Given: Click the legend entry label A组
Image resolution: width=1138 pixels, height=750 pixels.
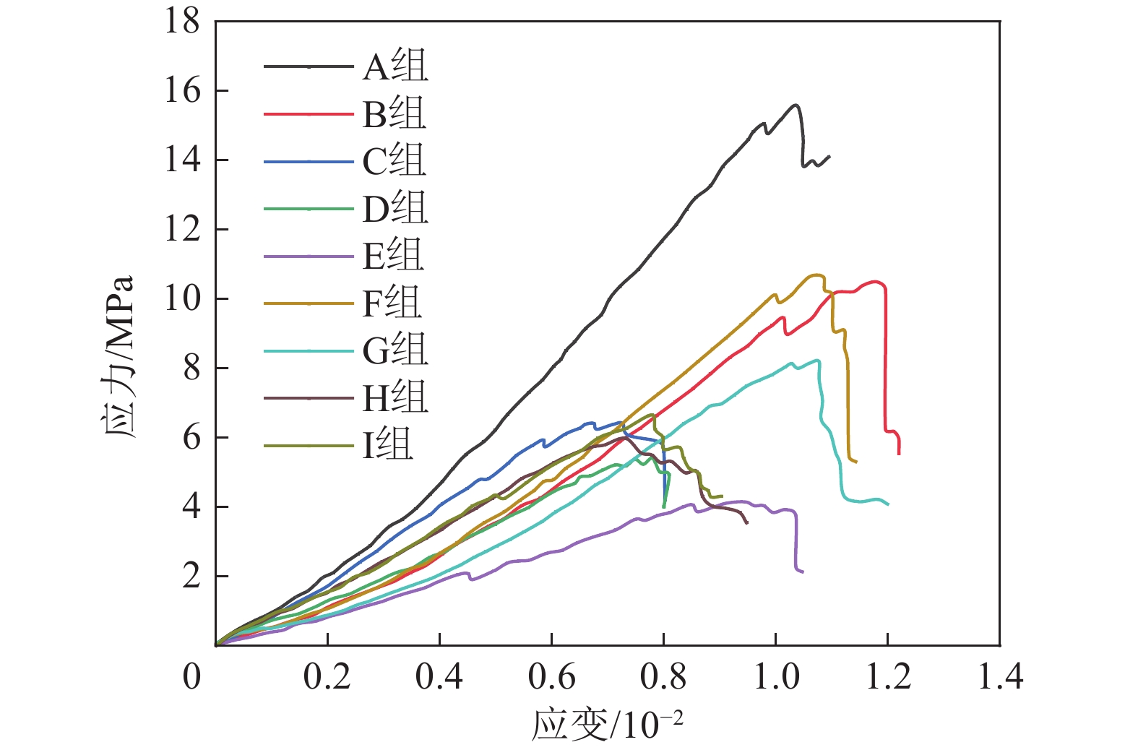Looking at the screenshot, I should tap(395, 66).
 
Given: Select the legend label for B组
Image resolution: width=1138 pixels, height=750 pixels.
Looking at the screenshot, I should tap(394, 114).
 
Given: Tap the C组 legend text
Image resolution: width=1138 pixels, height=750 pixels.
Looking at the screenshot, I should tap(394, 161).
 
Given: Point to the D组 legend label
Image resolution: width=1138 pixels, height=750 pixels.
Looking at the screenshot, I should tap(395, 209).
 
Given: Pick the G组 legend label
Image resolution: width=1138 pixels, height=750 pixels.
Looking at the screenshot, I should tap(395, 350).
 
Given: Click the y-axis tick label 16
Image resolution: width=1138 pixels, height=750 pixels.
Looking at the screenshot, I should tap(182, 91).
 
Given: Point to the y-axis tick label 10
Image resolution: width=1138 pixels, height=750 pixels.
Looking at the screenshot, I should tap(182, 298).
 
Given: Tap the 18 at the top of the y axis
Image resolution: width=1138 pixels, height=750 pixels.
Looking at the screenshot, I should tap(182, 22).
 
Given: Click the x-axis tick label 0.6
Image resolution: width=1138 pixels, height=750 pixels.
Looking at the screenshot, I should tap(551, 678).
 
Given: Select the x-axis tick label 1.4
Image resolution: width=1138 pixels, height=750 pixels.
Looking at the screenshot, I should tap(1000, 678).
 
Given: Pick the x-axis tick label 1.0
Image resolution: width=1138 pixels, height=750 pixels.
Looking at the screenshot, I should tap(776, 678).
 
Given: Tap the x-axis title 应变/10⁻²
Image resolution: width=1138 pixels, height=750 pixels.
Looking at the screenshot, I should tap(607, 725).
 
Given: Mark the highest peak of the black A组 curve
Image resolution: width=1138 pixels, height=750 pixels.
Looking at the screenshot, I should tap(796, 105).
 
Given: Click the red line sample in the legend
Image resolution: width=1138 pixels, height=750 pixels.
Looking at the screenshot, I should tap(309, 114).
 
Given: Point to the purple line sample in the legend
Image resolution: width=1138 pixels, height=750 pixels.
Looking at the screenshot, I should tap(309, 256).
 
